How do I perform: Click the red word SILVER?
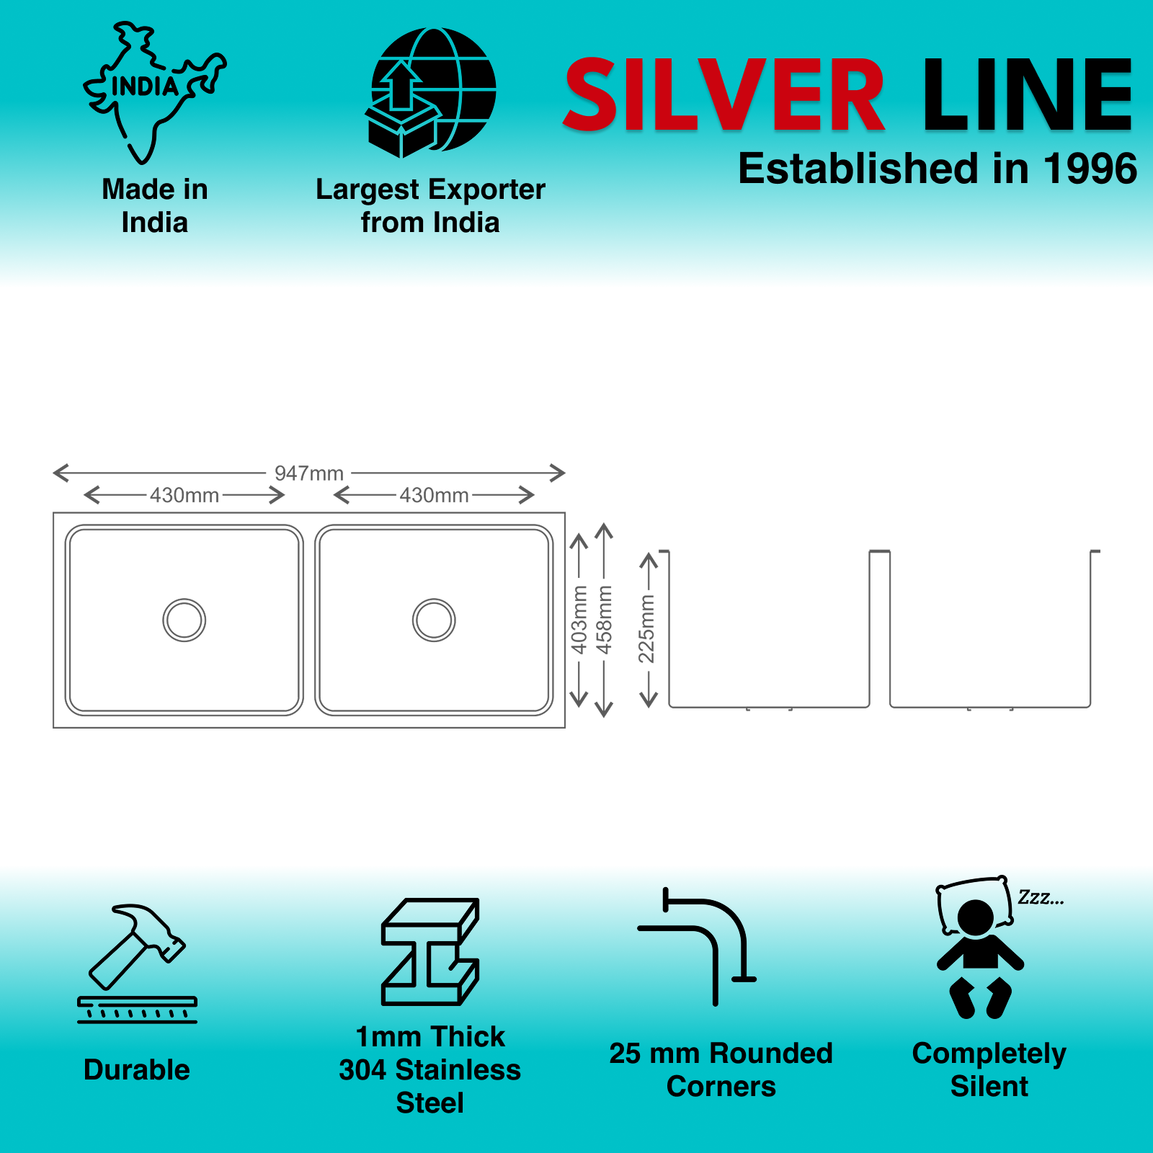[x=724, y=95]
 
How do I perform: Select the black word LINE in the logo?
[x=1028, y=95]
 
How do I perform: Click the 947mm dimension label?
[x=308, y=473]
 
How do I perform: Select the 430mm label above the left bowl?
[x=184, y=496]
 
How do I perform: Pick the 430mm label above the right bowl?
[x=434, y=496]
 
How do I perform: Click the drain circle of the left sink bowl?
[x=184, y=620]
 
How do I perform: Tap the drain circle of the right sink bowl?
[x=434, y=620]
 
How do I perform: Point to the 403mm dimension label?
[x=579, y=620]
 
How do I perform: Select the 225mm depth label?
[x=647, y=628]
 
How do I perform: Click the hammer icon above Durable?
[x=137, y=962]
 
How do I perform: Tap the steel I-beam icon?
[x=430, y=951]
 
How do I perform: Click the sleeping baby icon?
[x=979, y=948]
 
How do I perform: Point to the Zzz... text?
[x=1040, y=898]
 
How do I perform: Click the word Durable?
[x=137, y=1069]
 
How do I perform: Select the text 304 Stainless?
[x=430, y=1069]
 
